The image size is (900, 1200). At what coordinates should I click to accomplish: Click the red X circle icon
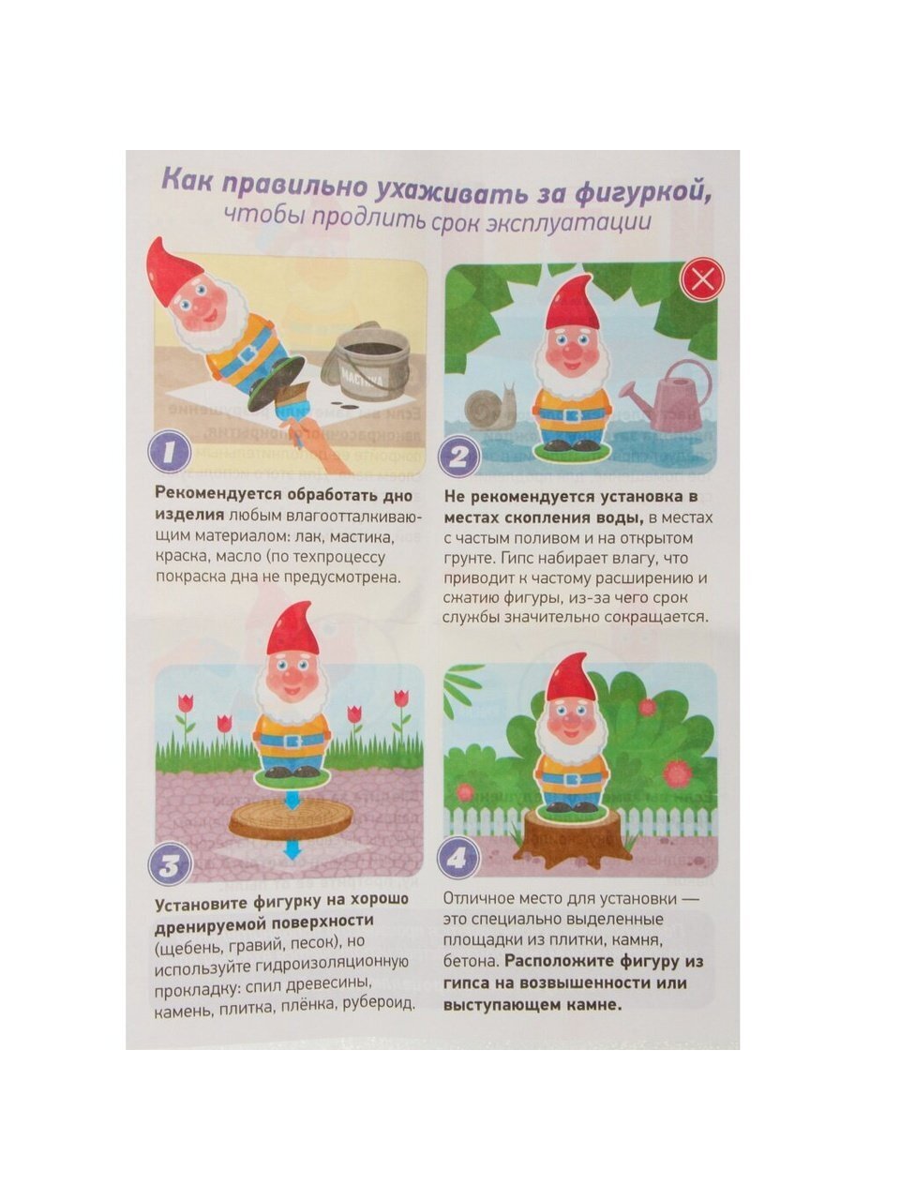click(702, 279)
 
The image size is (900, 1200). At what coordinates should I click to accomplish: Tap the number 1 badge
click(170, 452)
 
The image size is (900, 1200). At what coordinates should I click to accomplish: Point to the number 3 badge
click(171, 864)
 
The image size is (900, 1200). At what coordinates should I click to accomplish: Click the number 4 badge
click(457, 860)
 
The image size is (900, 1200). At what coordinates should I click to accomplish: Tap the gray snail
click(490, 406)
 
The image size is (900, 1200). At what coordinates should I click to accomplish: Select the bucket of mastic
click(365, 360)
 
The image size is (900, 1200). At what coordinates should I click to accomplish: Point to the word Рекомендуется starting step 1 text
click(218, 492)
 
